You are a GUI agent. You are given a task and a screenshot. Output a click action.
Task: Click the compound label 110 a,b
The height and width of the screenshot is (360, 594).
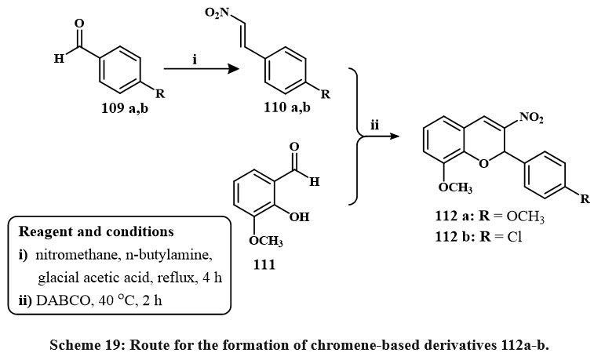tap(289, 107)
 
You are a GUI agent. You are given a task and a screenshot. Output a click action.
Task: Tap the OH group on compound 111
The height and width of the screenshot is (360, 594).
tap(300, 216)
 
